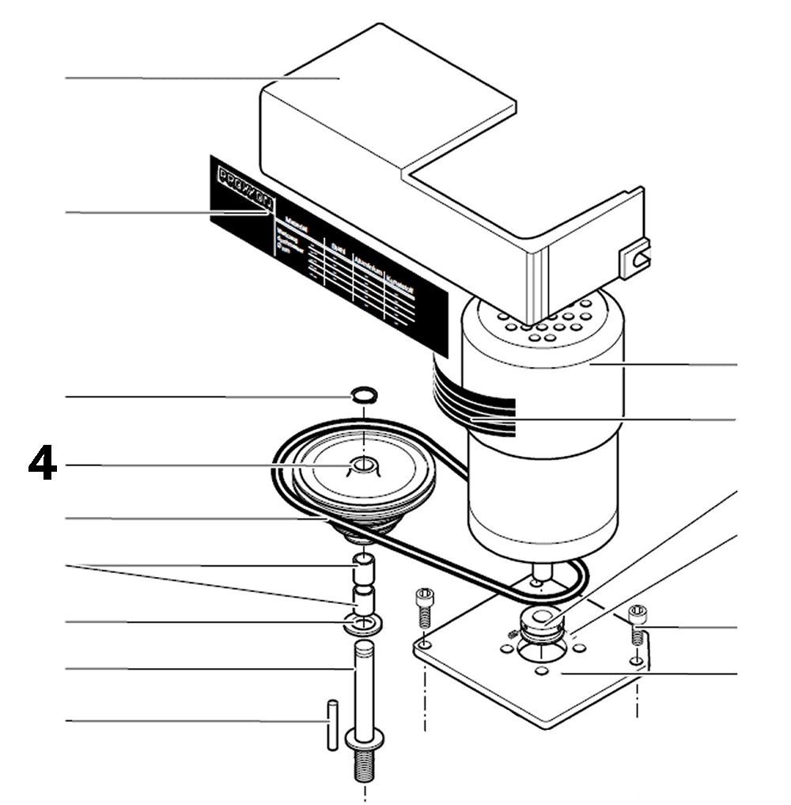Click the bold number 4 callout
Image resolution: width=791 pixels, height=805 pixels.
(43, 465)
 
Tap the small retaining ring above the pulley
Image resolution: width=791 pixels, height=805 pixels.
(364, 394)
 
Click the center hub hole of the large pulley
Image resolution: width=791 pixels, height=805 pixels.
(362, 465)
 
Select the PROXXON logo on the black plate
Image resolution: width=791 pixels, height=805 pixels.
(245, 189)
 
